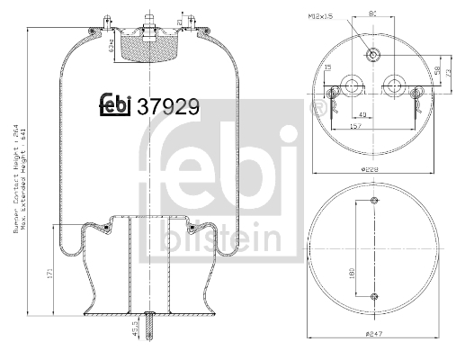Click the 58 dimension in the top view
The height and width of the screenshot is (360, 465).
438,70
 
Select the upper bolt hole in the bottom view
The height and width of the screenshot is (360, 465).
373,200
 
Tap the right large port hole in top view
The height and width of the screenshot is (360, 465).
394,87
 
